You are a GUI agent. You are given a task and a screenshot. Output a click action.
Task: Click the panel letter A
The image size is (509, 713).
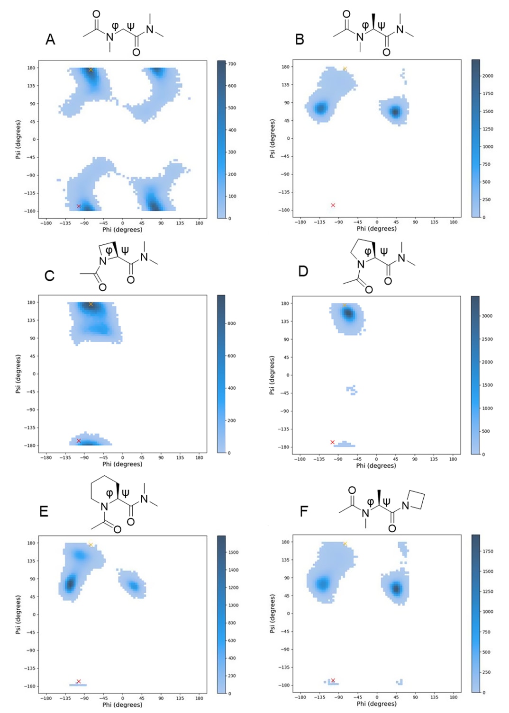(x=50, y=39)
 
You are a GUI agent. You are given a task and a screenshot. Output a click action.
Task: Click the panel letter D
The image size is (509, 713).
(x=303, y=271)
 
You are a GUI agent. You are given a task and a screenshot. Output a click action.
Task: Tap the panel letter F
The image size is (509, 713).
(x=304, y=511)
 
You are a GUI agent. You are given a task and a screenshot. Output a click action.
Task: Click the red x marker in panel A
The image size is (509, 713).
(x=79, y=206)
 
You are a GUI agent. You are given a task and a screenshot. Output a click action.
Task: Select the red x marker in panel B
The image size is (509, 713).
(x=333, y=205)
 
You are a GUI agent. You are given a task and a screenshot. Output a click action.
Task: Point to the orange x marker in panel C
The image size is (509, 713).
(x=91, y=304)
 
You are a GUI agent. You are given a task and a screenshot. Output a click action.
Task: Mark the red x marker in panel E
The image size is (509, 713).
(x=79, y=681)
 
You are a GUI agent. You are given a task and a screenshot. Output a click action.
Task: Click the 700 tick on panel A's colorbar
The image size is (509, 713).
(x=232, y=64)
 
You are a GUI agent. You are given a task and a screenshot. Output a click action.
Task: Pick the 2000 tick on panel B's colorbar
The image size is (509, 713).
(x=488, y=76)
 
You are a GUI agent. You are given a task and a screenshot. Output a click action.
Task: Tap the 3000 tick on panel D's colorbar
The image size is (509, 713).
(x=487, y=316)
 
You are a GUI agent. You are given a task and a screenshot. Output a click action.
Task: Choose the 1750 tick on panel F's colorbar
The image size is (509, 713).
(x=488, y=552)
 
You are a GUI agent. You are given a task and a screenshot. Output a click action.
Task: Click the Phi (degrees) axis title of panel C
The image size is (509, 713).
(x=122, y=464)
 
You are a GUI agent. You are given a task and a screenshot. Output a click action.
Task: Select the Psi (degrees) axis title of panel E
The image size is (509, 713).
(x=18, y=615)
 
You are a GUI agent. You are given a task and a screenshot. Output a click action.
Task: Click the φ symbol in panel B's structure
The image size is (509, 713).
(x=365, y=25)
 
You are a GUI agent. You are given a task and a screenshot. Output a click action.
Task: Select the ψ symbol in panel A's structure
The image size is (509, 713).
(x=130, y=26)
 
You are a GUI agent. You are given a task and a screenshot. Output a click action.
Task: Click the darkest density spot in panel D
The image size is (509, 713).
(x=348, y=313)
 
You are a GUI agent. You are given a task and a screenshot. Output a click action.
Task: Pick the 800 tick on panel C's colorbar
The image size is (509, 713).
(x=231, y=323)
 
